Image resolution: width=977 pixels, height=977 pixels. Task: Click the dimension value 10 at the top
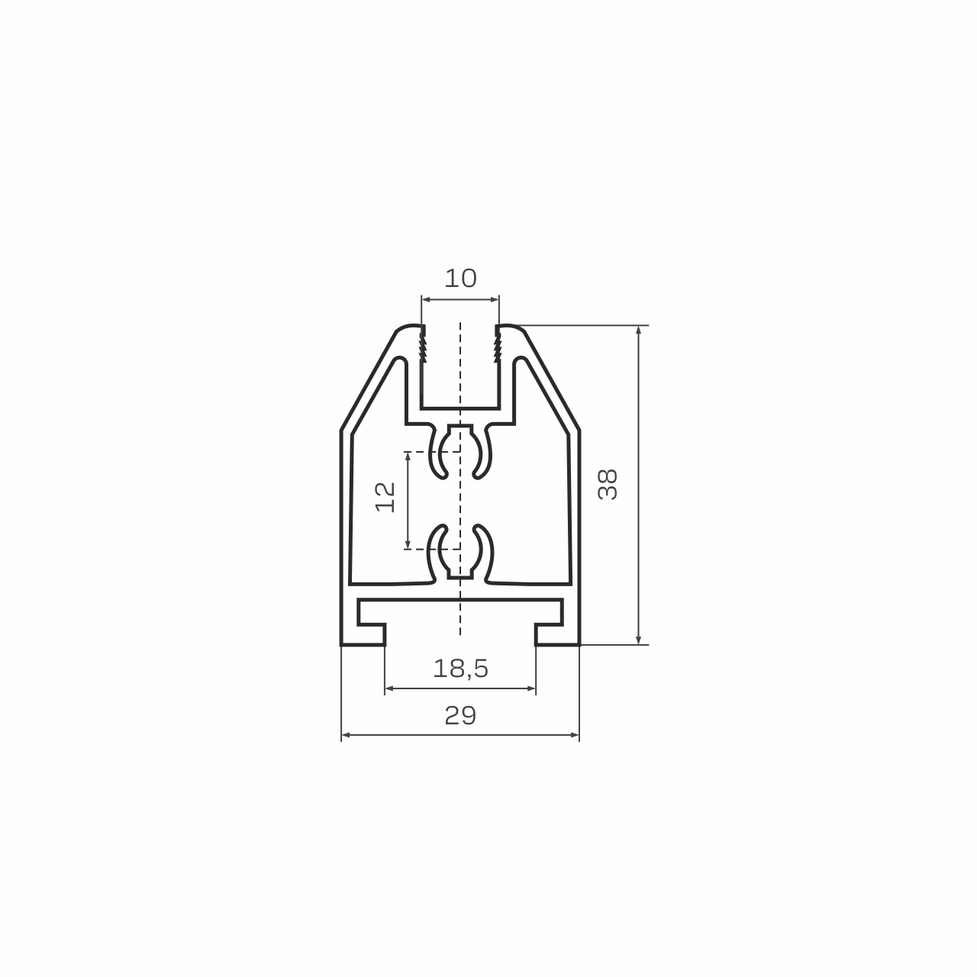[460, 279]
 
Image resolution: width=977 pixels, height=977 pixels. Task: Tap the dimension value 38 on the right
[608, 485]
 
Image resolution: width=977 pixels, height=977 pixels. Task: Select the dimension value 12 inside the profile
[385, 497]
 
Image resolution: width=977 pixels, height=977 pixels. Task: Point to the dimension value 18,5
[460, 669]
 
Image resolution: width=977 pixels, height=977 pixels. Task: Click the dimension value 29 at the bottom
[460, 715]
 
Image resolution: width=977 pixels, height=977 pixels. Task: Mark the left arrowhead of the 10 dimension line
[426, 300]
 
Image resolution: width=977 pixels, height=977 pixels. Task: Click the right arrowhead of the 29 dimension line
[575, 734]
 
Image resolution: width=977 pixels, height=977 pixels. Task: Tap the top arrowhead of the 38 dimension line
[638, 330]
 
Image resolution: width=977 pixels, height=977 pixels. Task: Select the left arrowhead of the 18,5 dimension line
[389, 688]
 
